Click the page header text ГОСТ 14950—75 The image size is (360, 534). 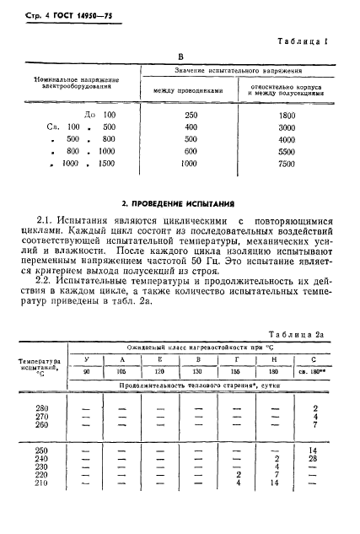pyautogui.click(x=75, y=14)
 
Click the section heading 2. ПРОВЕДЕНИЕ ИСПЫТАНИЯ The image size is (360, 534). pyautogui.click(x=179, y=205)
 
